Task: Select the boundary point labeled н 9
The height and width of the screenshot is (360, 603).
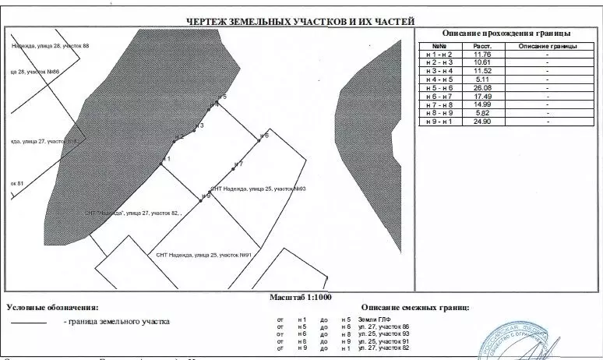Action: (x=201, y=196)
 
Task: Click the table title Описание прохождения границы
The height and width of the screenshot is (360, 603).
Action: (x=506, y=34)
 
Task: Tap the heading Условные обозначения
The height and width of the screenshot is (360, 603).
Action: (x=54, y=308)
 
